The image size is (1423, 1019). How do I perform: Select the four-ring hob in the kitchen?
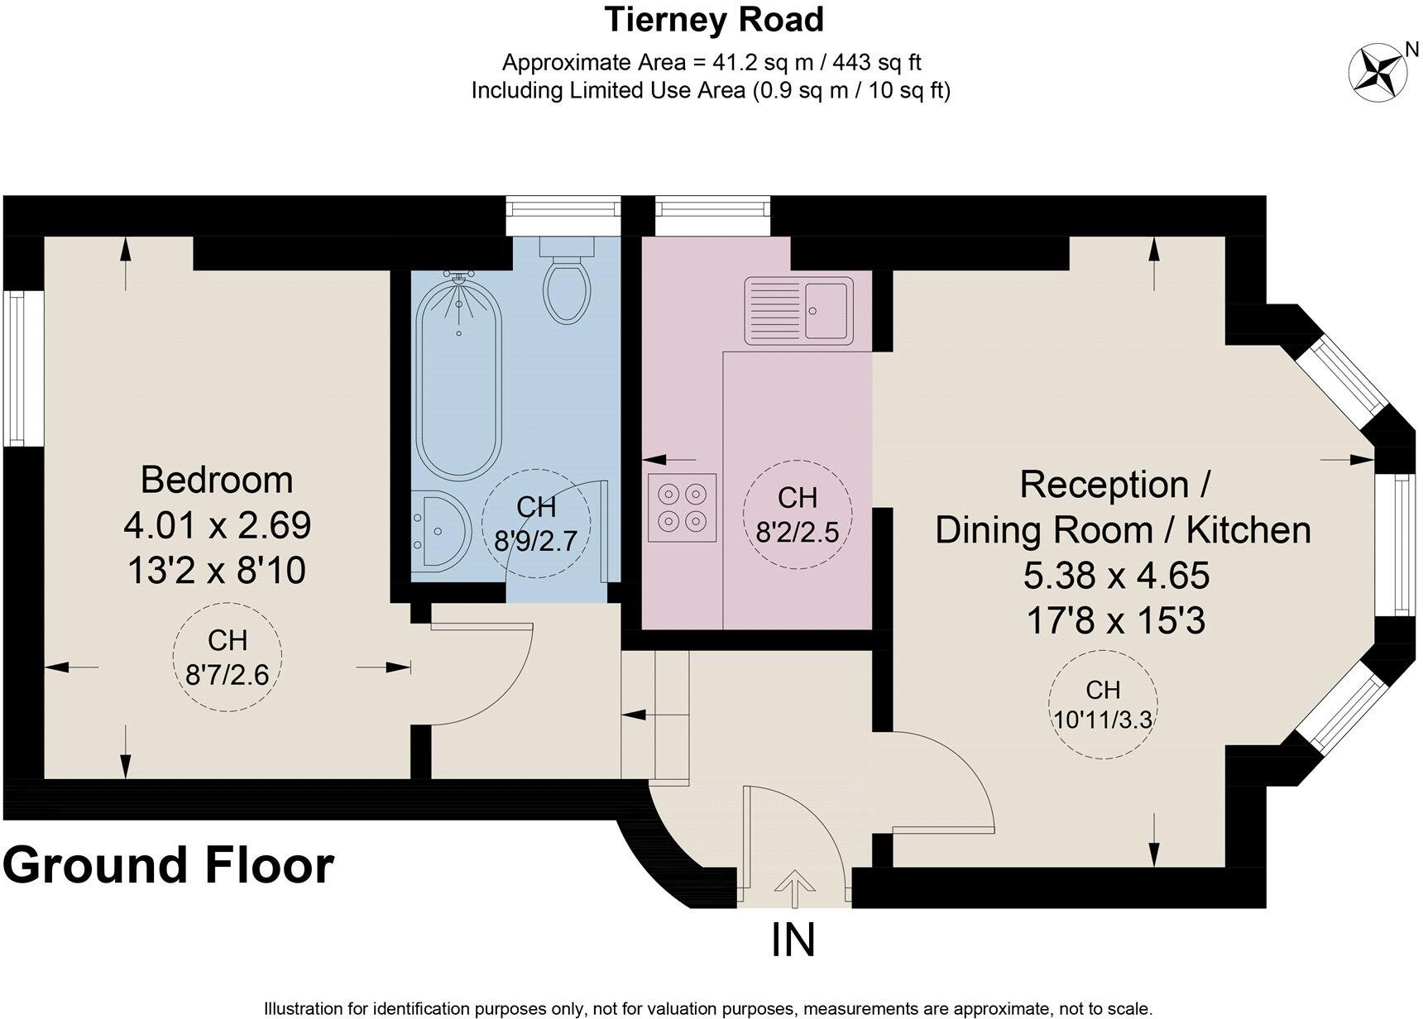tap(683, 507)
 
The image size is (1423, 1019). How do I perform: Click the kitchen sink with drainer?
tap(798, 310)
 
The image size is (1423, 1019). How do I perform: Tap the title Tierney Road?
tap(714, 20)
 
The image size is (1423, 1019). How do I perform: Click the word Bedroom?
tap(217, 480)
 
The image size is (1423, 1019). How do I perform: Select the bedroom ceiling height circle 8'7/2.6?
tap(228, 658)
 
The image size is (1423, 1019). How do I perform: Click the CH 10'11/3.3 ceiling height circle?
tap(1103, 704)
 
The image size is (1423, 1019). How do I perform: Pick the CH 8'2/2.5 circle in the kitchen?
tap(798, 514)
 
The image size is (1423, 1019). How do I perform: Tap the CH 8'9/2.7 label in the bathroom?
tap(535, 523)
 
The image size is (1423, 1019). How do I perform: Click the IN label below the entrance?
tap(793, 940)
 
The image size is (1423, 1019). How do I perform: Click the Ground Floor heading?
tap(168, 866)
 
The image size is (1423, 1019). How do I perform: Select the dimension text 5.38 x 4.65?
tap(1116, 575)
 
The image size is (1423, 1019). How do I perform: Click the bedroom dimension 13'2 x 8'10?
tap(217, 570)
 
